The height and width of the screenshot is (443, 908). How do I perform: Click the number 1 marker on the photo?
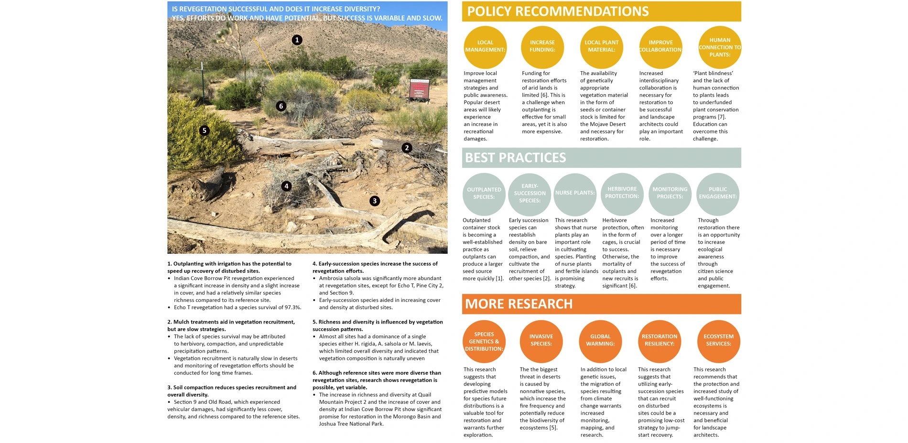[x=297, y=40]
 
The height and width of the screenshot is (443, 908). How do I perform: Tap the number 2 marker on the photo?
[x=407, y=148]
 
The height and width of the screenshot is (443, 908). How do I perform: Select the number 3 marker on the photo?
[x=375, y=201]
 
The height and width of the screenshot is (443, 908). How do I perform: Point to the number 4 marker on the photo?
[x=286, y=186]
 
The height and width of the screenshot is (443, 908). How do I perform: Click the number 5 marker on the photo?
[x=205, y=130]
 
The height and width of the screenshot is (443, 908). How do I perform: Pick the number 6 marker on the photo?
[x=281, y=106]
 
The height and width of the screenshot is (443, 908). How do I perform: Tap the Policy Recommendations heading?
[x=558, y=11]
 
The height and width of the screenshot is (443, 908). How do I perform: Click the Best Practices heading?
[x=515, y=158]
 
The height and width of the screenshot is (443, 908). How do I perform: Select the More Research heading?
[x=519, y=304]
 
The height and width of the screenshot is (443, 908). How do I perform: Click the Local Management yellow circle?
[x=485, y=47]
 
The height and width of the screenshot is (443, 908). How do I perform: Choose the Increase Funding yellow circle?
[x=542, y=47]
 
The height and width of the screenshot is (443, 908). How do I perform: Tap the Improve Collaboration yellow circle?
[x=660, y=47]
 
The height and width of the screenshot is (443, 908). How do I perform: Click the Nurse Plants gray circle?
[x=575, y=194]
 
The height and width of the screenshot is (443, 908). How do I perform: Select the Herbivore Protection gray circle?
[x=622, y=194]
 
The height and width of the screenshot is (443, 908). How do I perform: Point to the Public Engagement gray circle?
[x=718, y=194]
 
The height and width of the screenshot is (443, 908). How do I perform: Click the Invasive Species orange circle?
[x=541, y=341]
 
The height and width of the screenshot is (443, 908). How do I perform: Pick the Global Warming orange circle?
[x=600, y=341]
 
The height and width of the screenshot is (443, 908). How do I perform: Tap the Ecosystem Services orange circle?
[x=718, y=341]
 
